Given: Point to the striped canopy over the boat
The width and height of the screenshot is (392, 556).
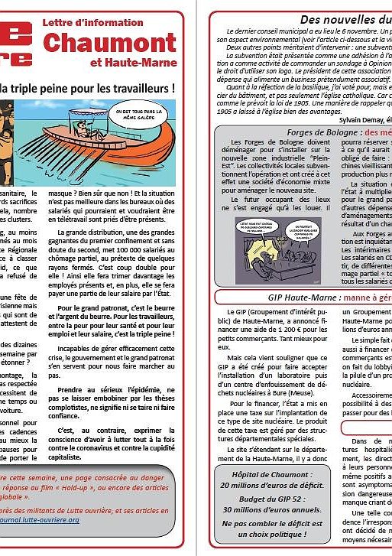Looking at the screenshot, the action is coord(88,110).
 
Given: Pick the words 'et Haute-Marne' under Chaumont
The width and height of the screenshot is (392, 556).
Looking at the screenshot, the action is coord(138,62).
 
